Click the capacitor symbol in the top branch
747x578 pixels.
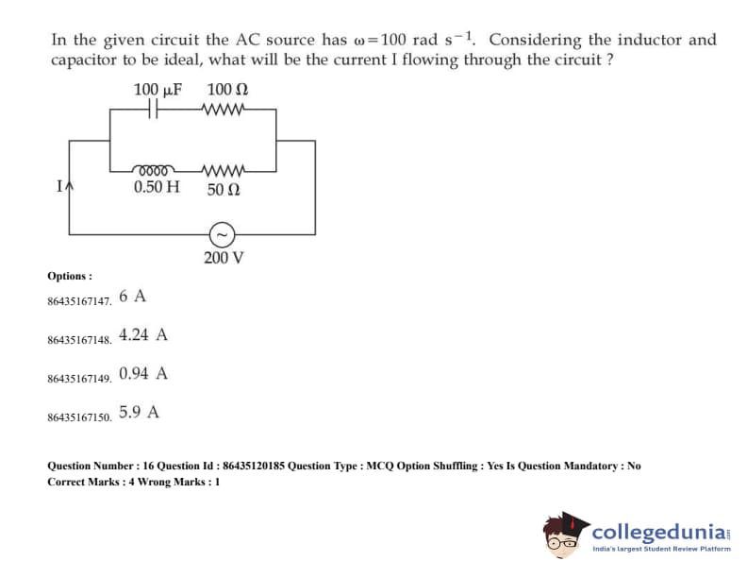(x=151, y=109)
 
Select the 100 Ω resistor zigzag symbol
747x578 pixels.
(x=224, y=109)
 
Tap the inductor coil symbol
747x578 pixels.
(x=154, y=171)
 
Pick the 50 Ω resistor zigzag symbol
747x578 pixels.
(x=224, y=171)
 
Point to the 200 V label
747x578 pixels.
(x=224, y=256)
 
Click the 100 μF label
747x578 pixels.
(x=157, y=90)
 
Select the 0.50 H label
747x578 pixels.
(x=156, y=187)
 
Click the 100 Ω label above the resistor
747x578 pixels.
(x=226, y=90)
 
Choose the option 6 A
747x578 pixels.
(x=133, y=296)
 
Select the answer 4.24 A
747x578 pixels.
(x=143, y=334)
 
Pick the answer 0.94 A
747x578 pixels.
(x=143, y=373)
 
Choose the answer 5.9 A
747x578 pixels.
(x=139, y=412)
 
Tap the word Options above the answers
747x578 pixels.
(x=70, y=276)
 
